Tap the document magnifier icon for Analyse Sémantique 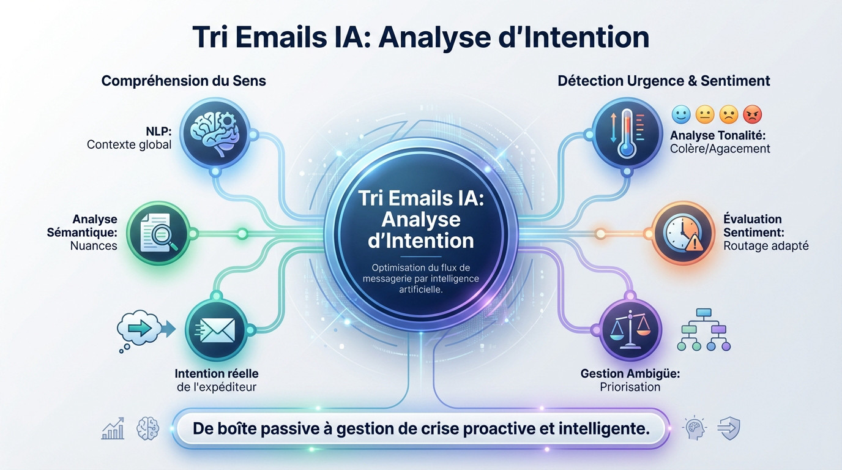coord(158,233)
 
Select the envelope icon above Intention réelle coord(217,330)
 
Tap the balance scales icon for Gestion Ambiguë coord(630,331)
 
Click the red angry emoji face coord(752,114)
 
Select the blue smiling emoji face coord(681,114)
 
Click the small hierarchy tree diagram coord(704,330)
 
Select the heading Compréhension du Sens coord(184,81)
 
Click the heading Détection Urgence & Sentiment coord(663,81)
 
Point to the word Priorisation coord(630,387)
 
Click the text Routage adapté coord(766,245)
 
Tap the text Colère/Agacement coord(720,148)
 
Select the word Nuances coord(94,245)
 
